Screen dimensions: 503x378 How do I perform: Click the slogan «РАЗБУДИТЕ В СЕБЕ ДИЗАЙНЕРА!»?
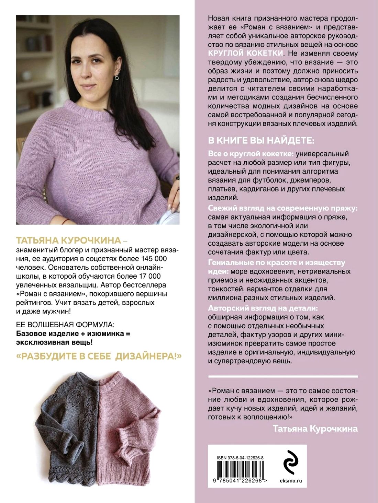[x=99, y=356]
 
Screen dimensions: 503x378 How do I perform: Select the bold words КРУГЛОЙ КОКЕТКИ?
[x=245, y=53]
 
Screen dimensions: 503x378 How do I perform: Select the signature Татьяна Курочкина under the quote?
[x=315, y=428]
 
